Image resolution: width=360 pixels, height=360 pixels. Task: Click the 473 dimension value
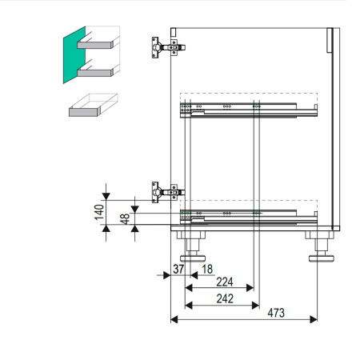(x=276, y=313)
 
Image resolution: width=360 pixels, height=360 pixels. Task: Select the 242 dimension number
(x=225, y=298)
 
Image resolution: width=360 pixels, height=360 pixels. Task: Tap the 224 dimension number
(x=225, y=282)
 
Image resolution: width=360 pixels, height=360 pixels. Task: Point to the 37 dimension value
(x=178, y=269)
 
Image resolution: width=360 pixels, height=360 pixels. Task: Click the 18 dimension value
(x=207, y=269)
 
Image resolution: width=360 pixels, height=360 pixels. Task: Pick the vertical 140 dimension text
(x=99, y=212)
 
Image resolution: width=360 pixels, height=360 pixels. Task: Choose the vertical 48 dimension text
(x=125, y=218)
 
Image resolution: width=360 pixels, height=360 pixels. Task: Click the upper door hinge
(x=168, y=47)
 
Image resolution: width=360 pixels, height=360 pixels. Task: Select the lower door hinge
(x=168, y=192)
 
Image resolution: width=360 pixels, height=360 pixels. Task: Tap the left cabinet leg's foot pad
(x=193, y=258)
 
